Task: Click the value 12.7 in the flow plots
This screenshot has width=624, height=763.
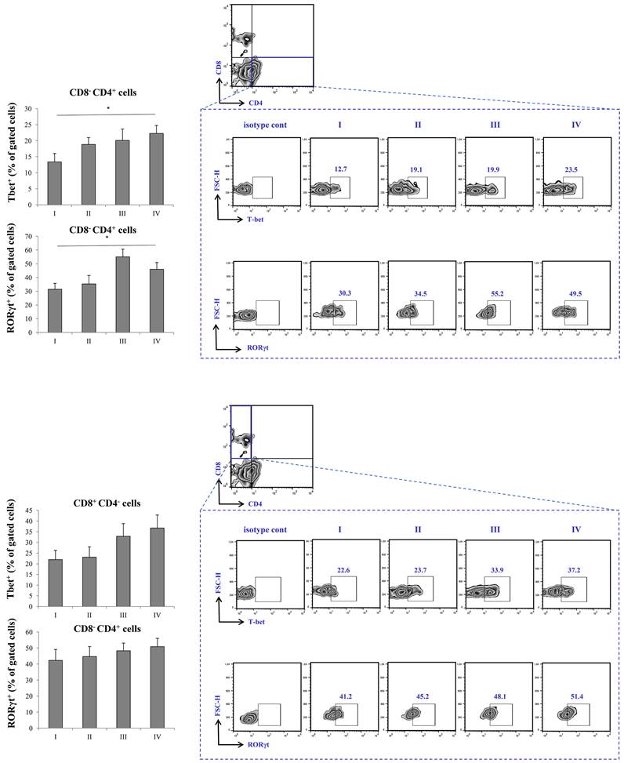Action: [x=339, y=167]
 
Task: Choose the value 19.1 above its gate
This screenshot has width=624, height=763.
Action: [x=416, y=167]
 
